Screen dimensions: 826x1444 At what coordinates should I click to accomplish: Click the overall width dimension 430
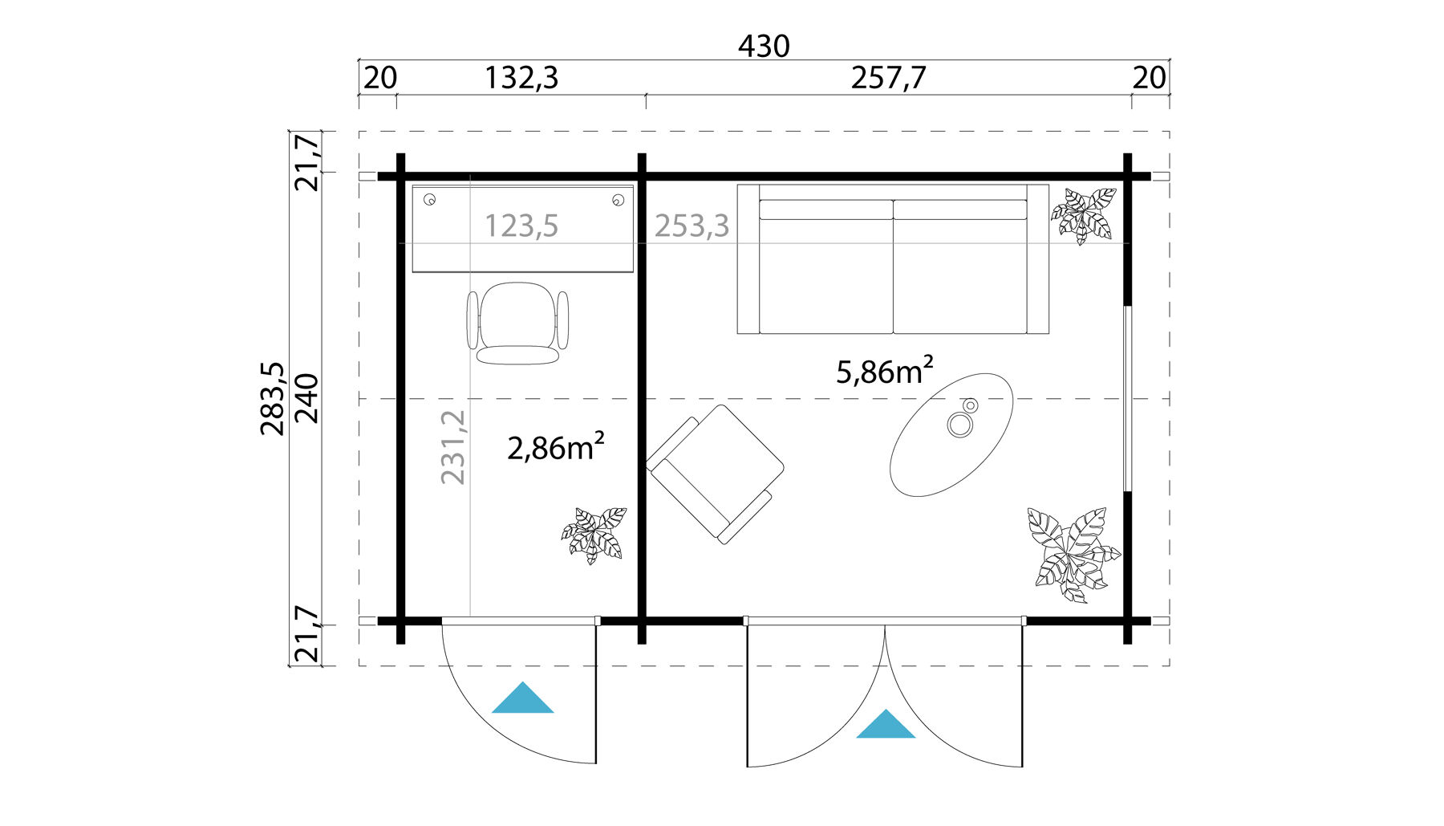point(763,47)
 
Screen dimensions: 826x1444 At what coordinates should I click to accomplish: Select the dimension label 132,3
point(521,79)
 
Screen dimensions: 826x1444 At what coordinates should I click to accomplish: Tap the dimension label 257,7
point(888,79)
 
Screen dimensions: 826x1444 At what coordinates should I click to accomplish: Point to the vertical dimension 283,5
point(273,398)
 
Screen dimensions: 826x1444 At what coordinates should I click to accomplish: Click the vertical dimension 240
point(308,398)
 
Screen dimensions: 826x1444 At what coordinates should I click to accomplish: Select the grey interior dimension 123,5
point(521,226)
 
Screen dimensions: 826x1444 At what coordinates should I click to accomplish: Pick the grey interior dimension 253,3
point(692,226)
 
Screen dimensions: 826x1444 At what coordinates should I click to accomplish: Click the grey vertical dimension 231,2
point(453,447)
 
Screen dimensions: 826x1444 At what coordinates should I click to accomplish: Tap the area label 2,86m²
point(555,447)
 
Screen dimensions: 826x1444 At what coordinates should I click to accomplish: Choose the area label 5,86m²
point(884,372)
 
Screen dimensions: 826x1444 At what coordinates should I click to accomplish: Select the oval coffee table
point(951,433)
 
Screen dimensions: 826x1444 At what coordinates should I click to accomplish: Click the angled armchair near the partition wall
point(714,474)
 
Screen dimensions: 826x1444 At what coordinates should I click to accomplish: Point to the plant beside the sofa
point(1084,215)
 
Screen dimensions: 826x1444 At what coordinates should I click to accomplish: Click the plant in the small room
point(594,534)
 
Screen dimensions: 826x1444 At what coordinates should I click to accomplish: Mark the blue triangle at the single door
point(522,700)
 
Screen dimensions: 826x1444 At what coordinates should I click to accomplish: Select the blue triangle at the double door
point(886,726)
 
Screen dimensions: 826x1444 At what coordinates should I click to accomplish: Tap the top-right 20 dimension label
point(1149,79)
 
